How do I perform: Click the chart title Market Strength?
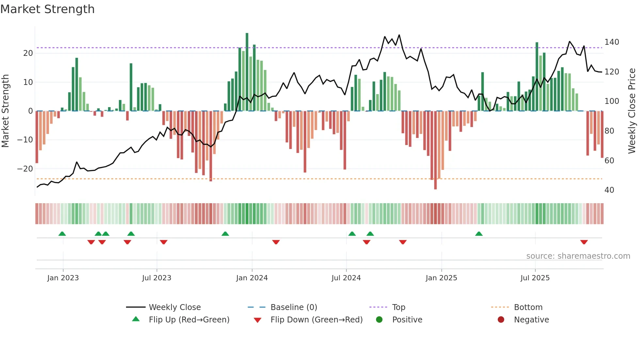(x=47, y=9)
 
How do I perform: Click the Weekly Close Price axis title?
(x=632, y=111)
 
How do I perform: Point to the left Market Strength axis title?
(x=6, y=111)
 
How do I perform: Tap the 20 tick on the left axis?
(x=28, y=53)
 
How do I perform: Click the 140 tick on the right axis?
(x=612, y=42)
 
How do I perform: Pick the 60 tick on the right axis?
(x=609, y=160)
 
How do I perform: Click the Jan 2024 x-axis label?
(x=252, y=278)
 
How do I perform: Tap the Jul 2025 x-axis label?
(x=535, y=278)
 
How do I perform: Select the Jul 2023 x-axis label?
(x=157, y=278)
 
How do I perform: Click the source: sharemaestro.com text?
(x=578, y=256)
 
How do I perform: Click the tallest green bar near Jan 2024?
(x=247, y=72)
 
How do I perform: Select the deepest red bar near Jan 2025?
(x=435, y=150)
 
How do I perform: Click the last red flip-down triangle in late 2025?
(x=584, y=242)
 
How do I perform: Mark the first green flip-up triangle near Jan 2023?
(x=62, y=234)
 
